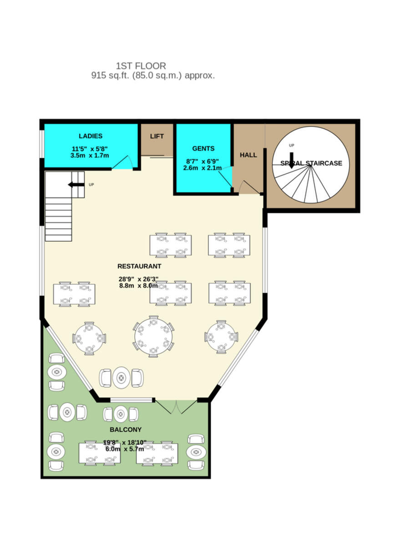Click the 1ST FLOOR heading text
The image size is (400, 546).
pos(141,66)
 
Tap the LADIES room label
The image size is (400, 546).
pos(90,136)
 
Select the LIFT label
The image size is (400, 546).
pos(157,136)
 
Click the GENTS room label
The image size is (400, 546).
pos(203,149)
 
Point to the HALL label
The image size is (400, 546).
pos(248,155)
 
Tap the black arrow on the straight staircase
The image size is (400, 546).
pos(76,184)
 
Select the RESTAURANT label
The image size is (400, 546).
pos(139,266)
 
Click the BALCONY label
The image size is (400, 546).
pos(125,430)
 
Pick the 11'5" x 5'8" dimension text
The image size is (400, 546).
pos(90,149)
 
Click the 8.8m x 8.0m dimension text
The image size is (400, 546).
pos(138,286)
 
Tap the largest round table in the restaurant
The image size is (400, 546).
pos(153,336)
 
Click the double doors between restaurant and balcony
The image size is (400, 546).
pos(176,406)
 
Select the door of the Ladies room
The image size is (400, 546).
pos(122,162)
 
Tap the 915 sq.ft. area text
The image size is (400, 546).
pos(152,76)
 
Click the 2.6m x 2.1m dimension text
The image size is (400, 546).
pos(202,168)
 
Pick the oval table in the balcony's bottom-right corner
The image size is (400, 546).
pos(196,452)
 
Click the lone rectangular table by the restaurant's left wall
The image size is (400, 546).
pos(74,294)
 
